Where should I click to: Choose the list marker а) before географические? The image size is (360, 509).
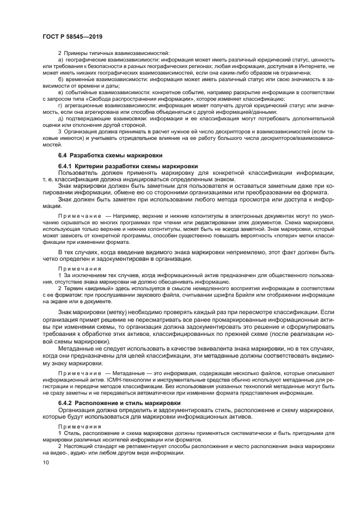[x=61, y=59]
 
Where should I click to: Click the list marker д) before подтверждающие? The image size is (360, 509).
[x=61, y=119]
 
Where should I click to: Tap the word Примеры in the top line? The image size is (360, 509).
[x=76, y=52]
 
